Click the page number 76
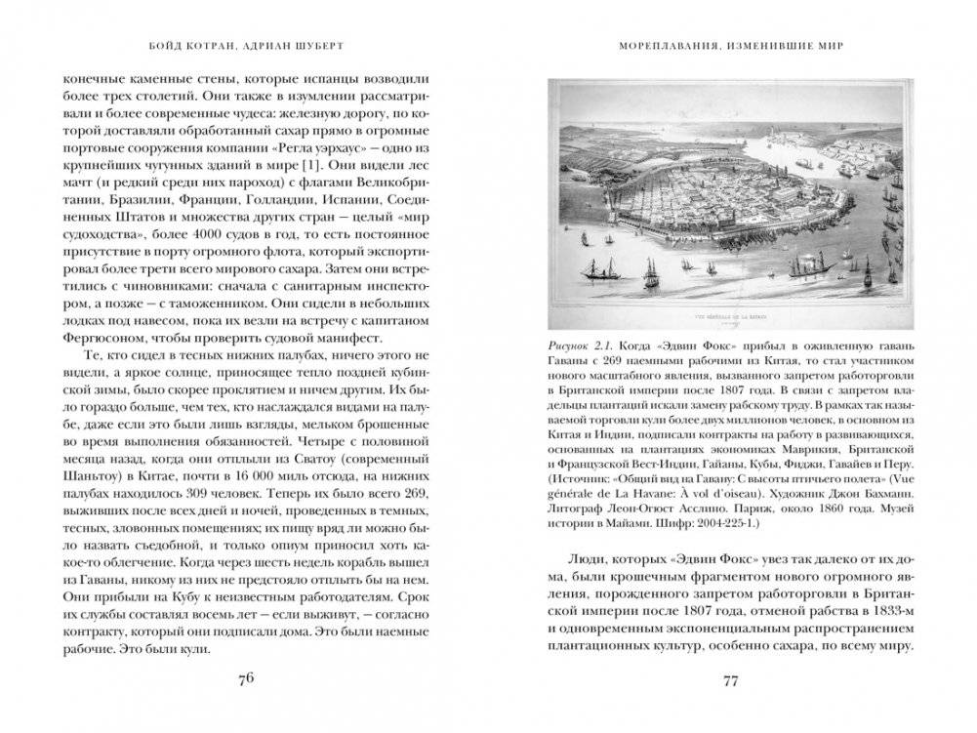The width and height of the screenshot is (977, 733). (x=244, y=680)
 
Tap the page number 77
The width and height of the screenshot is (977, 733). (x=732, y=680)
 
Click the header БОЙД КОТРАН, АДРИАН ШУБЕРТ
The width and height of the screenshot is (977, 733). (x=244, y=45)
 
